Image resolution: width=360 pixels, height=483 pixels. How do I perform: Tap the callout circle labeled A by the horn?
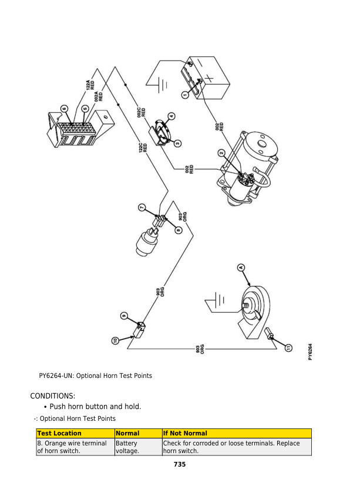pyautogui.click(x=240, y=268)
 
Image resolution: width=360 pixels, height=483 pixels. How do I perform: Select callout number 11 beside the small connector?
pyautogui.click(x=288, y=348)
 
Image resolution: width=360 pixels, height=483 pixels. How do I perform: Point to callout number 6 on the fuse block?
pyautogui.click(x=65, y=108)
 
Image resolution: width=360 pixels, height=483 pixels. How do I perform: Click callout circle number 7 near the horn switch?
pyautogui.click(x=141, y=207)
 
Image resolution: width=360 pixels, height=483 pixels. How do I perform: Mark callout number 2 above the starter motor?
pyautogui.click(x=221, y=153)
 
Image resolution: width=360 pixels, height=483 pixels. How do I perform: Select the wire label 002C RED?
pyautogui.click(x=142, y=113)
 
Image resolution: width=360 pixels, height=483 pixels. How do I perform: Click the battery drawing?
pyautogui.click(x=203, y=76)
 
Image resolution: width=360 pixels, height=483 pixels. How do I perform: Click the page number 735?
pyautogui.click(x=180, y=465)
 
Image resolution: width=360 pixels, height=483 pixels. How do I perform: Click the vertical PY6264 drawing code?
pyautogui.click(x=310, y=353)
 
